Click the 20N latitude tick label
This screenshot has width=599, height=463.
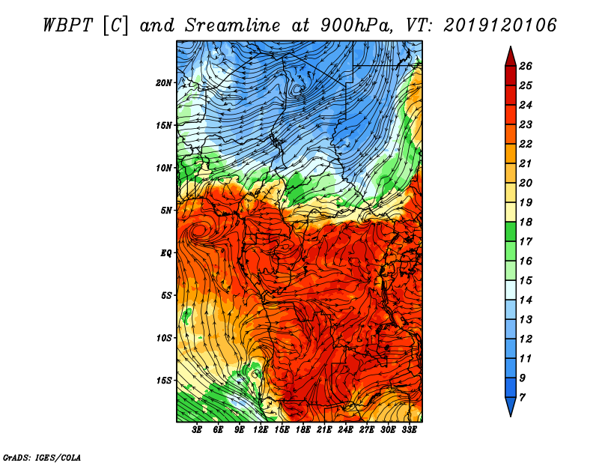coord(164,83)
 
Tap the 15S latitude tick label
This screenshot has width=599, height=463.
coord(164,381)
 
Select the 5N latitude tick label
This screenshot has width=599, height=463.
coord(166,211)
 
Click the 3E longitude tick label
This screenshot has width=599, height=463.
coord(197,430)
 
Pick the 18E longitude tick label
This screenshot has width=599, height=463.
coord(303,430)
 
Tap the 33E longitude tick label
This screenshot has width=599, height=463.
coord(409,430)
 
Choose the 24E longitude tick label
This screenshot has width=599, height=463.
coord(345,430)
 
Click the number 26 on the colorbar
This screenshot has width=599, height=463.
coord(526,66)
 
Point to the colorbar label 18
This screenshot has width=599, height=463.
coord(526,222)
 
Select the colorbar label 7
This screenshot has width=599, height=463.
coord(522,398)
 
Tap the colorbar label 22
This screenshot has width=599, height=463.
coord(526,144)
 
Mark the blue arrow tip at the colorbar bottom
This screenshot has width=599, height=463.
coord(511,416)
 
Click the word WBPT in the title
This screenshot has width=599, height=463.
coord(68,25)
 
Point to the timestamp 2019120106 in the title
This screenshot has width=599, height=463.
coord(500,25)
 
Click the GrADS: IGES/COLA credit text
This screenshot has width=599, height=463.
coord(42,458)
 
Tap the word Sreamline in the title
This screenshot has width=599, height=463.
coord(233,25)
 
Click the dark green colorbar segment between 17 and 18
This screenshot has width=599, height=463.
coord(511,231)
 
